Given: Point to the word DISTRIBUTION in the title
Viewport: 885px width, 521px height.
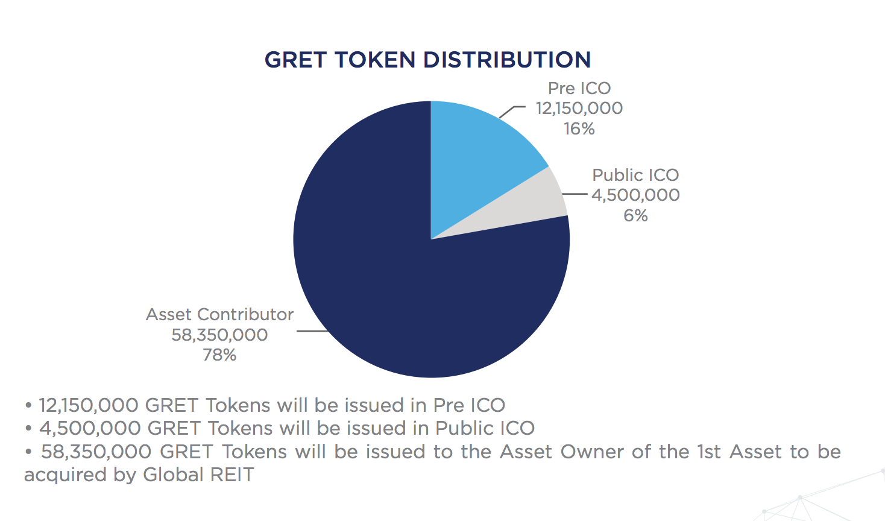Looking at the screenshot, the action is pyautogui.click(x=507, y=60).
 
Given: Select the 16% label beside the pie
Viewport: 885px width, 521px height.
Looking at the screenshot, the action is pyautogui.click(x=579, y=129).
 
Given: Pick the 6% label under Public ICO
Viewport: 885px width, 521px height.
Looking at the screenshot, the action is pyautogui.click(x=635, y=216).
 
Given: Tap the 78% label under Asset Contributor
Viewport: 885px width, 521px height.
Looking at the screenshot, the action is pyautogui.click(x=219, y=355).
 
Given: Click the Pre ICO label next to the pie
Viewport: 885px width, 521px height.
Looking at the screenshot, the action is pyautogui.click(x=579, y=88).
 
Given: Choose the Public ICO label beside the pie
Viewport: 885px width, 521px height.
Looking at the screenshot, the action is pyautogui.click(x=635, y=175).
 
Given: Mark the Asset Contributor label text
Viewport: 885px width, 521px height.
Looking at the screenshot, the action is pyautogui.click(x=219, y=315).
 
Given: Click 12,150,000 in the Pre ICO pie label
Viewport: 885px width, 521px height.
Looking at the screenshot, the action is pyautogui.click(x=579, y=109).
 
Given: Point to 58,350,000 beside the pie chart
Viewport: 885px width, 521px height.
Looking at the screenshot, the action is pyautogui.click(x=219, y=335).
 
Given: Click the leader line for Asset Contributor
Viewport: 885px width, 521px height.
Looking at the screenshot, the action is pyautogui.click(x=312, y=331).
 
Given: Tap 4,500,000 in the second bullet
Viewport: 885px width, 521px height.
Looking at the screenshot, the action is pyautogui.click(x=90, y=428).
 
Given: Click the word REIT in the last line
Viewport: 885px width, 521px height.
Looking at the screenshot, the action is pyautogui.click(x=232, y=475).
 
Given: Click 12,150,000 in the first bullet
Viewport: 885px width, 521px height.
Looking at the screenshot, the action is pyautogui.click(x=89, y=405).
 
